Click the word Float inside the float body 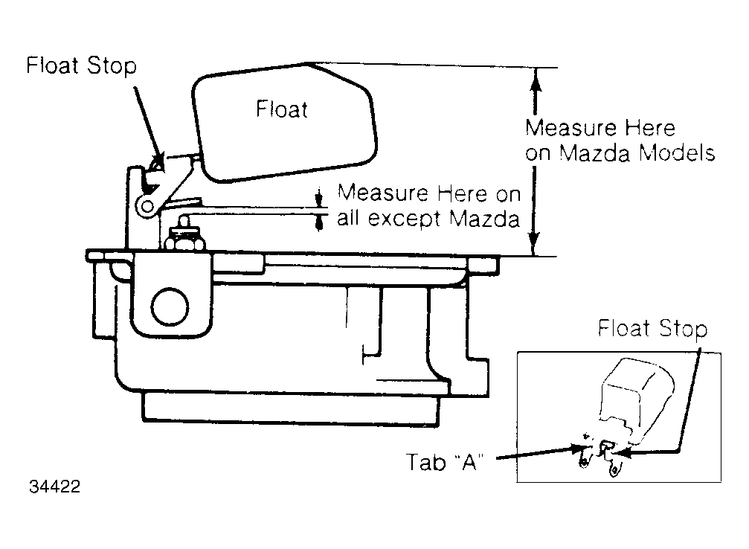click(282, 109)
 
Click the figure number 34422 click(54, 487)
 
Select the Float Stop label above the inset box click(652, 329)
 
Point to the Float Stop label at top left click(81, 65)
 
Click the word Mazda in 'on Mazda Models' click(595, 153)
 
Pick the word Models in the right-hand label click(677, 153)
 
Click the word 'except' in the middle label click(404, 219)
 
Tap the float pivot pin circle click(147, 207)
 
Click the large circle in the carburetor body click(170, 306)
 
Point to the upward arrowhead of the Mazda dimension click(536, 78)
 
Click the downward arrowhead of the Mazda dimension click(535, 244)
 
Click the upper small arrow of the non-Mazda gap click(320, 199)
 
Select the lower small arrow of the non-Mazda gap click(320, 222)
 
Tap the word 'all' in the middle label click(348, 219)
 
